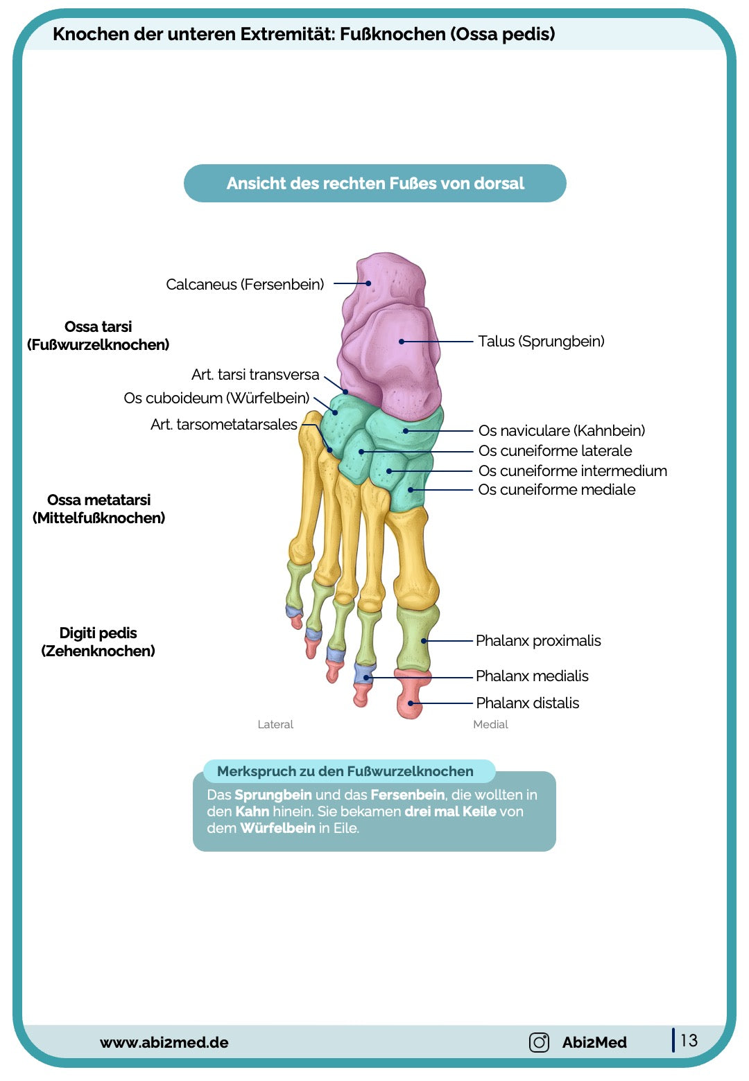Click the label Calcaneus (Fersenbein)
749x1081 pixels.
(245, 284)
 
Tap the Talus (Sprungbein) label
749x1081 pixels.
(541, 341)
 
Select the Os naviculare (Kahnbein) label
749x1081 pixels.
(561, 430)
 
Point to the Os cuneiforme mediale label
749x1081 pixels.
(556, 489)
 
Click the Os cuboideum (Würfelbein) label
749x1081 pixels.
(216, 398)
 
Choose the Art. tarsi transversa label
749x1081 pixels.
(255, 374)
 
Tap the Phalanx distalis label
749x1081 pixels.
(527, 703)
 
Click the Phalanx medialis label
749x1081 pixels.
(532, 676)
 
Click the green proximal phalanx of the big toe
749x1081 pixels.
(416, 638)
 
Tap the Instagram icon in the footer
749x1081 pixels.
(539, 1042)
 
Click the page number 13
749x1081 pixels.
(689, 1040)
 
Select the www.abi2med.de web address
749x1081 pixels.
(164, 1042)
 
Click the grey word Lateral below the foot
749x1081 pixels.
(275, 724)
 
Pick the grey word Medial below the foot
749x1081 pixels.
(490, 724)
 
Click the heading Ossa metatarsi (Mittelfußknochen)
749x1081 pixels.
(98, 509)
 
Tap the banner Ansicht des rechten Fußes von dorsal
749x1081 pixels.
(374, 184)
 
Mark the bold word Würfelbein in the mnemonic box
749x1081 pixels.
(277, 828)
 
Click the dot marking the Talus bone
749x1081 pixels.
(402, 342)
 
